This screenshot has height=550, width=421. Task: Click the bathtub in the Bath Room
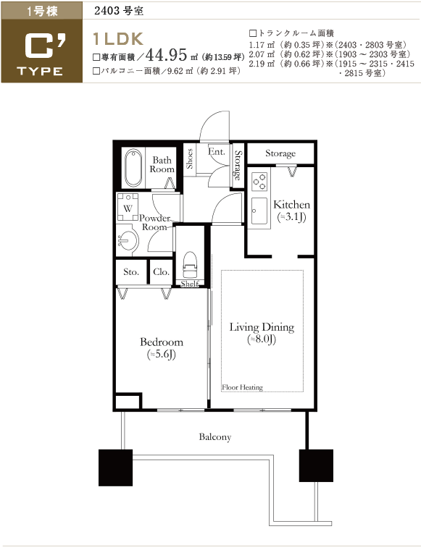(133, 168)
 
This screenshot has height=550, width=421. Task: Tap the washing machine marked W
(128, 206)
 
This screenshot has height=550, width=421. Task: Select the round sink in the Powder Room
(128, 240)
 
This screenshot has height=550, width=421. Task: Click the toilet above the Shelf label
(190, 265)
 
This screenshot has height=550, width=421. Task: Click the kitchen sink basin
(259, 211)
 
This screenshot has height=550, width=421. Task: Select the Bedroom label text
(162, 342)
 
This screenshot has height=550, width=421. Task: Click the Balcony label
(215, 436)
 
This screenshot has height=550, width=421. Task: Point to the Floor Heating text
(242, 387)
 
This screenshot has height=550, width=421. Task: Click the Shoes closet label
(190, 158)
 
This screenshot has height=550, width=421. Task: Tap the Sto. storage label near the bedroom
(131, 272)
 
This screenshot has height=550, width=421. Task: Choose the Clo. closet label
(161, 272)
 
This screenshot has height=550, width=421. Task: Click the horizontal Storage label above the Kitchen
(280, 153)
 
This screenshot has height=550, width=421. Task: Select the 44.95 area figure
(166, 54)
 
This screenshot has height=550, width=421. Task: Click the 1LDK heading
(118, 39)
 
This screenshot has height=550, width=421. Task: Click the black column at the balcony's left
(115, 467)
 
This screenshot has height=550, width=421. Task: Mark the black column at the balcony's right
(316, 465)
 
